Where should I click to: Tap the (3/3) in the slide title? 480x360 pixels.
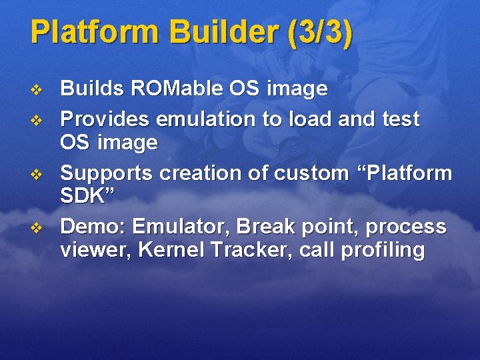(319, 33)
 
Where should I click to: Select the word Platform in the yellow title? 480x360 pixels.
(96, 33)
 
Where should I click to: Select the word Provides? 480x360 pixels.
(105, 119)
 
